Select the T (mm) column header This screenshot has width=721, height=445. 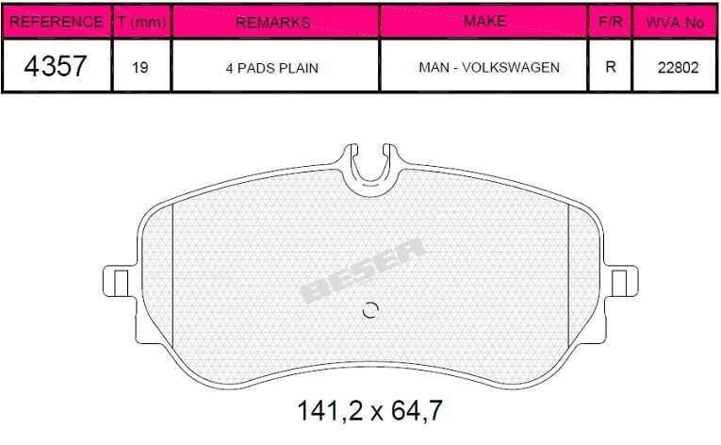point(140,21)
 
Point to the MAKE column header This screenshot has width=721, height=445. point(484,21)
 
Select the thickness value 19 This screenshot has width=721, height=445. point(140,68)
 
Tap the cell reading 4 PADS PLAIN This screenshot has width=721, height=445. point(273,68)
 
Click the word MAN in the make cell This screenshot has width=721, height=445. point(432,68)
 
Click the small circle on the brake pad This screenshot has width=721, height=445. point(369,311)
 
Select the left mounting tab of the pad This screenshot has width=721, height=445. point(118,281)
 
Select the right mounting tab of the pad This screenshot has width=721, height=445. point(622,281)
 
